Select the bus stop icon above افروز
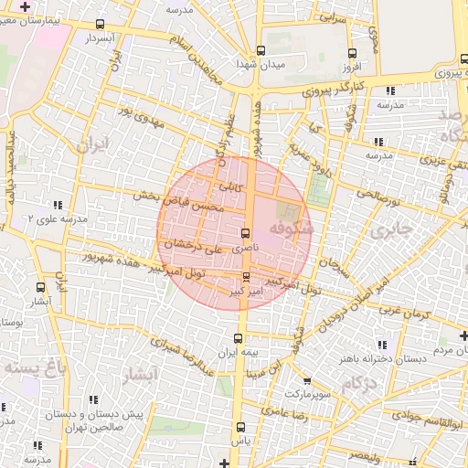[354, 52]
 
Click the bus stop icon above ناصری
[245, 233]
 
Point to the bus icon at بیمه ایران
[238, 339]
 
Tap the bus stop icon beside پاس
[240, 427]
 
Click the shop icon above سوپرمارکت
[307, 380]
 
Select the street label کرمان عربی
[405, 311]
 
